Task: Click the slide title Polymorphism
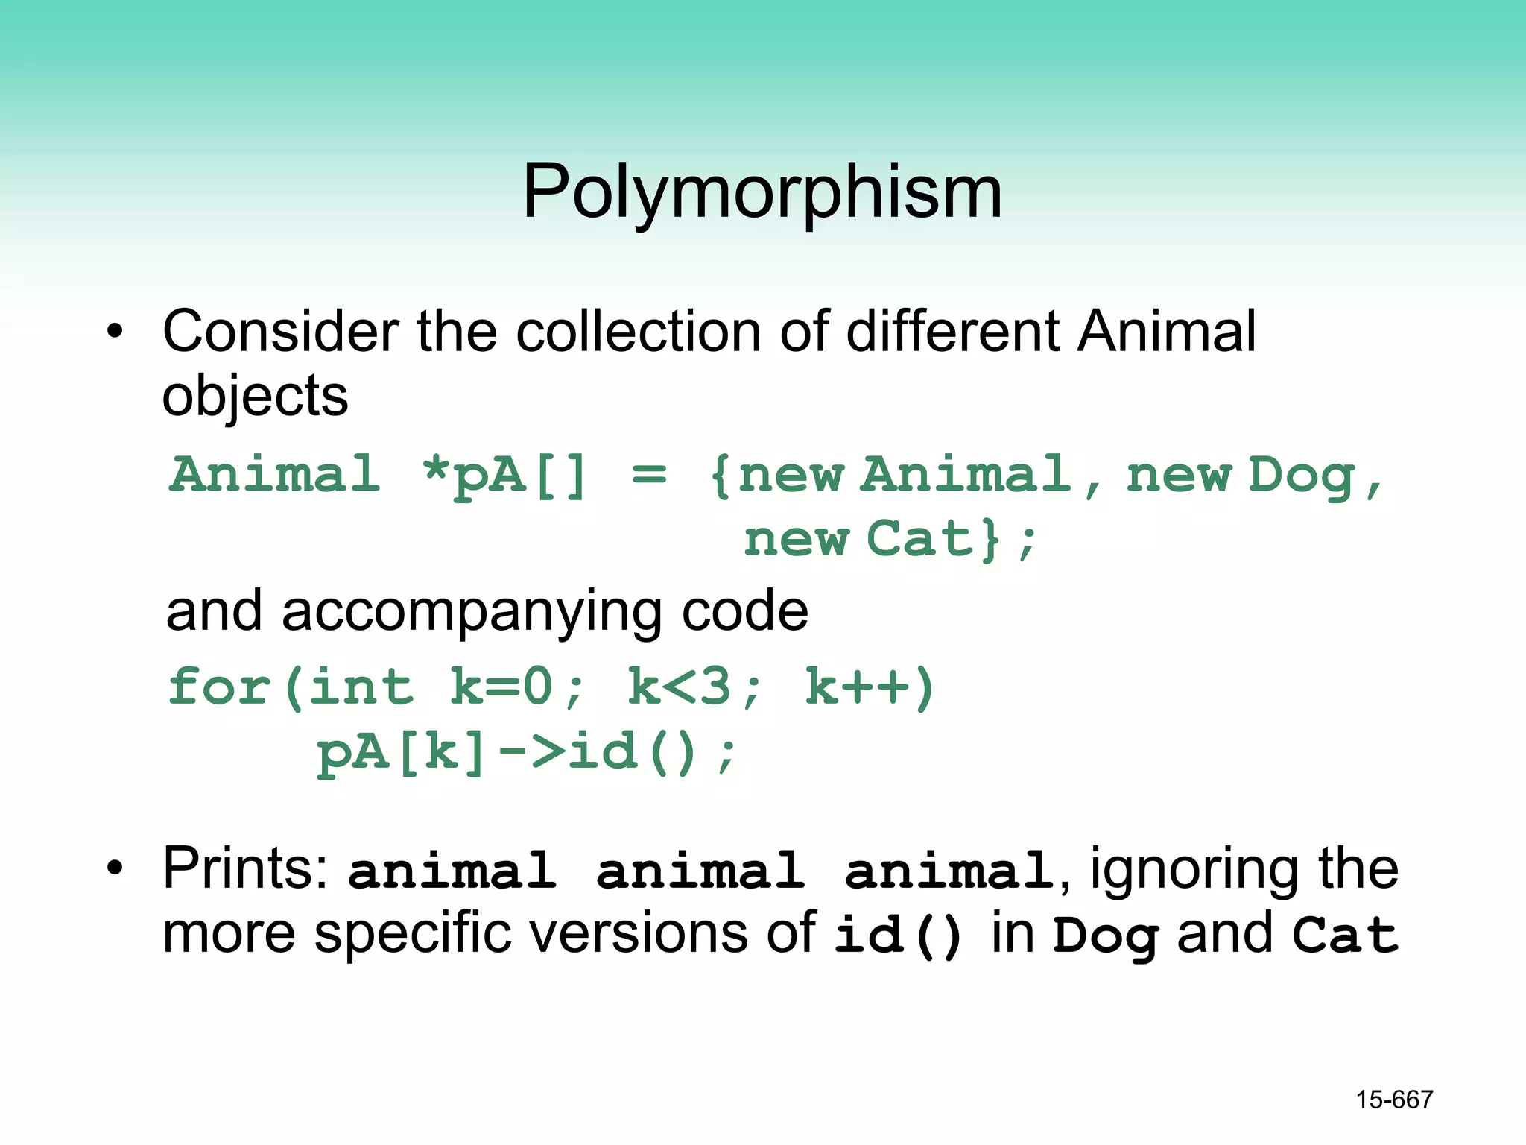pyautogui.click(x=762, y=192)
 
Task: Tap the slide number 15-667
pyautogui.click(x=1394, y=1100)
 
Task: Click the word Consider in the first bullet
pyautogui.click(x=280, y=331)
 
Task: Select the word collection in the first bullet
pyautogui.click(x=639, y=331)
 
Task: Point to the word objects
pyautogui.click(x=255, y=397)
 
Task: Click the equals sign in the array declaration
pyautogui.click(x=649, y=474)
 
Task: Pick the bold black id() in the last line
pyautogui.click(x=898, y=935)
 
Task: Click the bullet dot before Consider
pyautogui.click(x=114, y=332)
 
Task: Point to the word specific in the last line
pyautogui.click(x=432, y=935)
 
